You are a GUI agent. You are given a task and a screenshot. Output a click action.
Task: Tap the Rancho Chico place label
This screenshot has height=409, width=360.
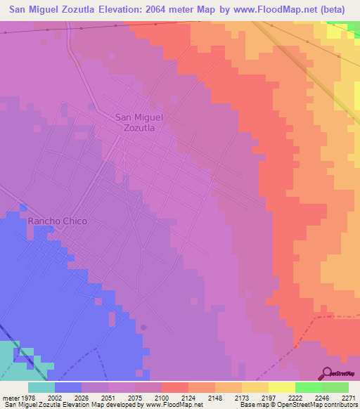click(x=58, y=221)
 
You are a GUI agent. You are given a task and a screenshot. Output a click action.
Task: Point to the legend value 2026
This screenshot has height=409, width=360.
click(x=82, y=398)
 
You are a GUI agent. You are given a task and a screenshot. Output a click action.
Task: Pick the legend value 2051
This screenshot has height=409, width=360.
click(x=108, y=398)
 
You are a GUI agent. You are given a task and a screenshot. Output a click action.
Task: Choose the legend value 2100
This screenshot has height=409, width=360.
click(x=162, y=398)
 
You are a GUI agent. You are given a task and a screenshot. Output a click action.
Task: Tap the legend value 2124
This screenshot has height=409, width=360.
click(x=188, y=398)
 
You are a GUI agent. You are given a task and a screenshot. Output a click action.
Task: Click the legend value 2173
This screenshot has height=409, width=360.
click(x=242, y=398)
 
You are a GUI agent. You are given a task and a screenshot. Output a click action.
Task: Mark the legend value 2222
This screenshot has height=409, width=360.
click(x=295, y=398)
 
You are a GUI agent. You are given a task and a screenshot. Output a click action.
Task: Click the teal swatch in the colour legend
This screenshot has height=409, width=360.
click(x=41, y=387)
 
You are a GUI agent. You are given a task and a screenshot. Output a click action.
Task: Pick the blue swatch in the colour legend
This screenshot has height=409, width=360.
click(x=68, y=387)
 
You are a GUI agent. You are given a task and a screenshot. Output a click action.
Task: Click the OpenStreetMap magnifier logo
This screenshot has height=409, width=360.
click(x=326, y=373)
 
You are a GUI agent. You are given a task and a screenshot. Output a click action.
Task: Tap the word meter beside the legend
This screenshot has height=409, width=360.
click(x=9, y=398)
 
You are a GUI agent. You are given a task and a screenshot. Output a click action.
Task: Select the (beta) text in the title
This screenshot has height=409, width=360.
click(x=337, y=10)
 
